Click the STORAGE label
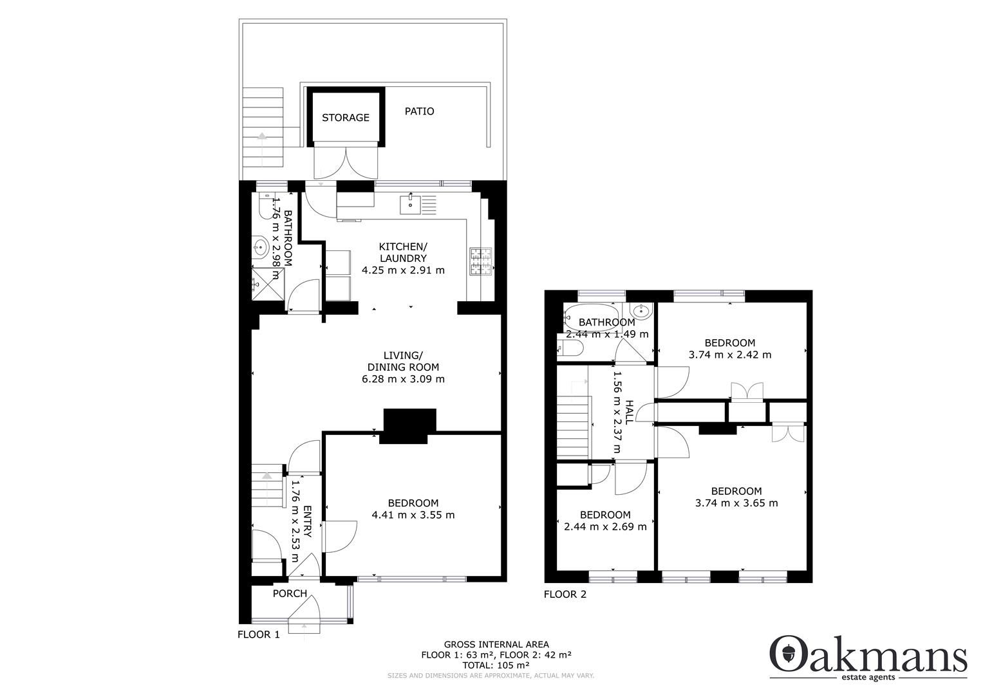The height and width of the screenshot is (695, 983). (346, 118)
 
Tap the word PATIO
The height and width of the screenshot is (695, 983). (419, 111)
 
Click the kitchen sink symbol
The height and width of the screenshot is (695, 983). (410, 205)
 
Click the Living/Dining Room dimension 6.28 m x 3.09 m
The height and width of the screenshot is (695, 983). (403, 379)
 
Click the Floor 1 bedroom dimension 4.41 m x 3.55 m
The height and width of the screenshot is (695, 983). (413, 515)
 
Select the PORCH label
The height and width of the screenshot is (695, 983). (290, 593)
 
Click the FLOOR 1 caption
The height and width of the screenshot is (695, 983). (259, 635)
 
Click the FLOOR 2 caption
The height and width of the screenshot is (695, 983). (565, 595)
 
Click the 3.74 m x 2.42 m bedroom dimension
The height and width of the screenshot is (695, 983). (729, 355)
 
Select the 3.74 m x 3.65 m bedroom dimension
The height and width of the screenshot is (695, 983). (736, 503)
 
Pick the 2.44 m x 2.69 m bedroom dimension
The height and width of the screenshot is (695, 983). (605, 526)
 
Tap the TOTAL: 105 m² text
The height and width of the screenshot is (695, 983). (496, 665)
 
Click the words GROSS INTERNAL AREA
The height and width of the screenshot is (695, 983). (496, 644)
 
